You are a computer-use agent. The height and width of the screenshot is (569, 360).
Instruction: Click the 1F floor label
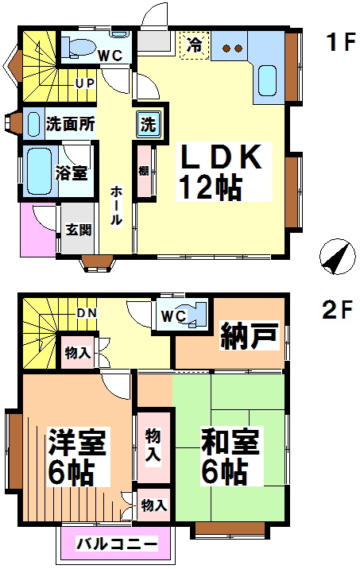tap(340, 42)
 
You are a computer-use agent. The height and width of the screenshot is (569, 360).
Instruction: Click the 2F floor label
tap(338, 310)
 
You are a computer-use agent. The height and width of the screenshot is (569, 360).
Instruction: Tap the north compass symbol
tap(337, 257)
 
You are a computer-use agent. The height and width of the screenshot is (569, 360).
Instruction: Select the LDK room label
tap(221, 157)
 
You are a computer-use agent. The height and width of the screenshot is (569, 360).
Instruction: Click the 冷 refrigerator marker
tap(195, 45)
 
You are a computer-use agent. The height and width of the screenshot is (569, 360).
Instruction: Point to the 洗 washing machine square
tap(148, 125)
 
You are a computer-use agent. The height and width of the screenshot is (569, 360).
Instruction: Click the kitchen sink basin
tap(267, 80)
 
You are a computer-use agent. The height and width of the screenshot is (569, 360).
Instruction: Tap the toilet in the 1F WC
tap(77, 47)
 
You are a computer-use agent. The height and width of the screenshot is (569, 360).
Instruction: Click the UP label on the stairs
tap(85, 83)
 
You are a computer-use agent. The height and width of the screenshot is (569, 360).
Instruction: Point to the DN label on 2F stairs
tap(87, 313)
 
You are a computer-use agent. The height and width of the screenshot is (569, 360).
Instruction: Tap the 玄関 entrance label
tap(79, 230)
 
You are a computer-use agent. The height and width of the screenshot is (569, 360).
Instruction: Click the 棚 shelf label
tap(144, 171)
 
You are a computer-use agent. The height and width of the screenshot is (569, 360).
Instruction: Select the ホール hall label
tap(116, 205)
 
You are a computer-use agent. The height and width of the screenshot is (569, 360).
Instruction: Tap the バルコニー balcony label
tap(117, 544)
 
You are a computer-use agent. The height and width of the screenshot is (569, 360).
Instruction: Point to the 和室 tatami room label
tap(230, 442)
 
